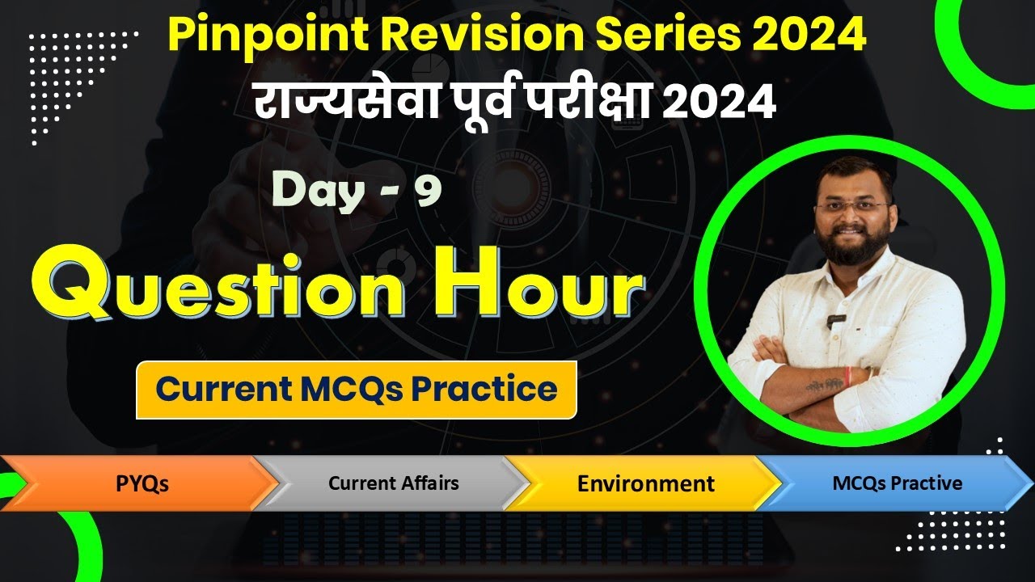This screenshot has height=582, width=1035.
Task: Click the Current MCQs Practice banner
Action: tap(356, 390)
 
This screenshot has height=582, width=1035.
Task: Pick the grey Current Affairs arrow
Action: tap(393, 483)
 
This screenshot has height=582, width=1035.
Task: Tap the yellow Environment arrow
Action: tap(645, 483)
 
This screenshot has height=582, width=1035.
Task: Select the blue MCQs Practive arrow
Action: tap(897, 483)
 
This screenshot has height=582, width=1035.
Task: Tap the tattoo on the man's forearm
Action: tap(822, 386)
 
